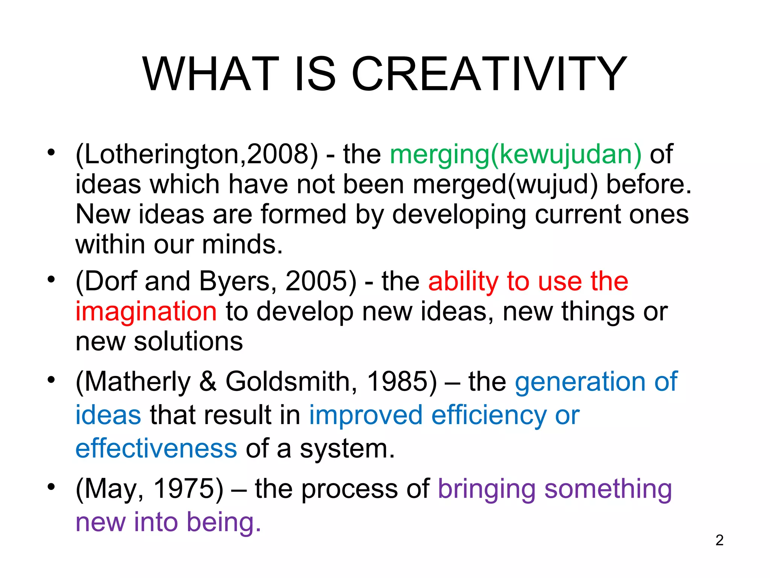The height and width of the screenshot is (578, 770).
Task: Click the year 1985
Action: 402,382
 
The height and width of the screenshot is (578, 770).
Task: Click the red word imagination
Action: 146,312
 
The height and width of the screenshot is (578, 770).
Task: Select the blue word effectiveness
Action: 156,449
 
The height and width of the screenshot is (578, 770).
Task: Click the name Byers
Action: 238,281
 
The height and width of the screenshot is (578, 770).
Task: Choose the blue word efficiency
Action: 489,415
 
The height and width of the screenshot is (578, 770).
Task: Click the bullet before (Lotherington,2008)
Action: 51,152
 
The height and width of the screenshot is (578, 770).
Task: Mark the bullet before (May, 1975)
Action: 51,487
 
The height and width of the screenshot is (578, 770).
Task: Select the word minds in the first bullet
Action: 242,245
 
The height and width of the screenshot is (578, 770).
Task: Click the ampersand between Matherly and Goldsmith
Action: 208,382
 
